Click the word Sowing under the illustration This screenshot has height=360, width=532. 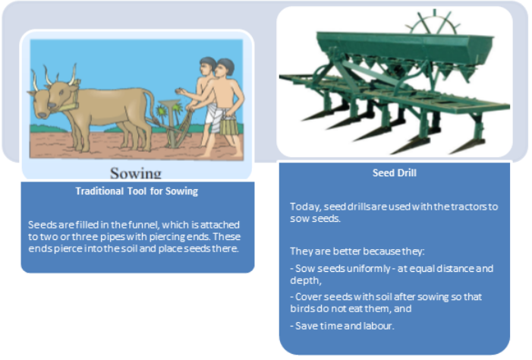(136, 173)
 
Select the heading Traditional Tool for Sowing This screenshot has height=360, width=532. (137, 191)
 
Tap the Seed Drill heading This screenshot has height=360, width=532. (394, 173)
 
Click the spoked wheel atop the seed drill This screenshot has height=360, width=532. (435, 23)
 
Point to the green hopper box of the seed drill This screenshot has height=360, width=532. (404, 48)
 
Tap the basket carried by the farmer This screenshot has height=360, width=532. (228, 125)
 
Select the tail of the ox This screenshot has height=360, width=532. (151, 106)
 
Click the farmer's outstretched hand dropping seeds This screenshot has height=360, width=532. (181, 91)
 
